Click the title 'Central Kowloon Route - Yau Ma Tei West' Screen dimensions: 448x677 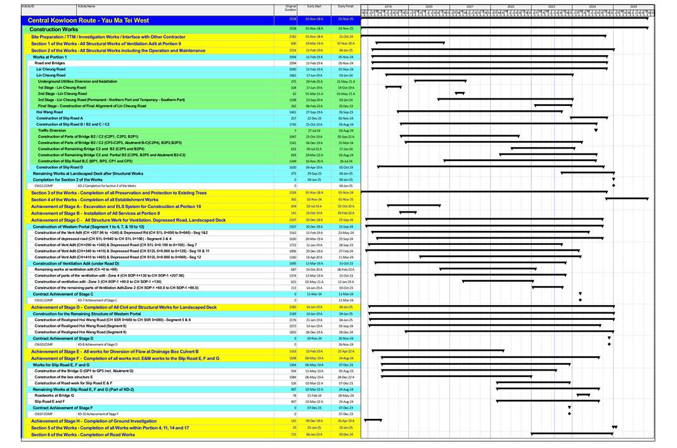(91, 20)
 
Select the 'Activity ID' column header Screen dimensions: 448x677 (27, 6)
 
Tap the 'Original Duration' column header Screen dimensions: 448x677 (290, 8)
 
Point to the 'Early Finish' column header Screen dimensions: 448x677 (345, 6)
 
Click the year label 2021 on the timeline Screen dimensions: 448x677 (470, 6)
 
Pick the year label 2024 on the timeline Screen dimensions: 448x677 (592, 6)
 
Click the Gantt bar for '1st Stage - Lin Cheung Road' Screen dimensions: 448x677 (394, 87)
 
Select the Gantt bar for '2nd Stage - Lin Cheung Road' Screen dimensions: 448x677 (460, 93)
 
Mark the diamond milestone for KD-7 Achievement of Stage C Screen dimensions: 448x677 (580, 300)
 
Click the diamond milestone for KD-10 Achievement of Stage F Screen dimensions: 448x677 (569, 414)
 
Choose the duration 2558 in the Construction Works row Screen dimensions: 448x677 (293, 29)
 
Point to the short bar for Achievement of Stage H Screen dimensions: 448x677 (373, 420)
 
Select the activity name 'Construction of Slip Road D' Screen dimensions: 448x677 (60, 167)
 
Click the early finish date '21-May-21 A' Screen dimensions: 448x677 (345, 81)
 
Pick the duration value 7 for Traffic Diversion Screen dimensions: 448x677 (293, 130)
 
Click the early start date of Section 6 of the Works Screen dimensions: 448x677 (314, 434)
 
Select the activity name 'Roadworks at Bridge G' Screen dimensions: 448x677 (55, 395)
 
